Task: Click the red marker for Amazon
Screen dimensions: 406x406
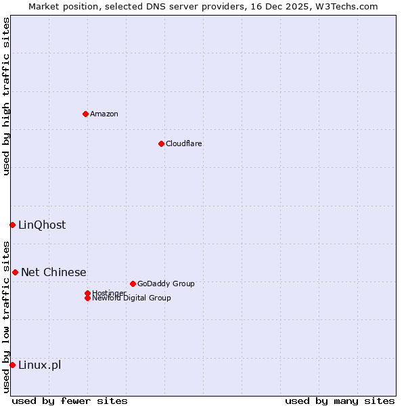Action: click(85, 114)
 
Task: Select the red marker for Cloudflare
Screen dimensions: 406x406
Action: click(161, 143)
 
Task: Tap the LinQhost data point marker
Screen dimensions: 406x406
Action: click(12, 225)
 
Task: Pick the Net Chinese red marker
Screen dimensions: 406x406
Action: click(15, 272)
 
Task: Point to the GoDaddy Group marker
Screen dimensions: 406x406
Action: click(133, 284)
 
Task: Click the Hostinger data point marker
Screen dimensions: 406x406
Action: click(87, 293)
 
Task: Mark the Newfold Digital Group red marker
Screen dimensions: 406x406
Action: click(87, 298)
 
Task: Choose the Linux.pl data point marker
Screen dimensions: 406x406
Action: click(12, 365)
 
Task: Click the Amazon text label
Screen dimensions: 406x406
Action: click(104, 114)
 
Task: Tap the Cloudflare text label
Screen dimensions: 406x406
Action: click(184, 143)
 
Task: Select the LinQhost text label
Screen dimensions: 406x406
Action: click(42, 225)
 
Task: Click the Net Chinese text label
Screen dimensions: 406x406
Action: click(53, 273)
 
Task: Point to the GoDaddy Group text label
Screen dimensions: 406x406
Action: click(166, 284)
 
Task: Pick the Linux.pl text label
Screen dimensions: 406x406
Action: click(39, 365)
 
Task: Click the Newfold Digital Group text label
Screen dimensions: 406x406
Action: click(131, 298)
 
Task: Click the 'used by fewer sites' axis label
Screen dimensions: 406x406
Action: click(70, 401)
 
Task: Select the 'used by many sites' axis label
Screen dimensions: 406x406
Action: click(340, 401)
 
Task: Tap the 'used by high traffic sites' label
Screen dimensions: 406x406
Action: click(6, 96)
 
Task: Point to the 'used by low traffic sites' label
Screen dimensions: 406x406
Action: click(6, 316)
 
